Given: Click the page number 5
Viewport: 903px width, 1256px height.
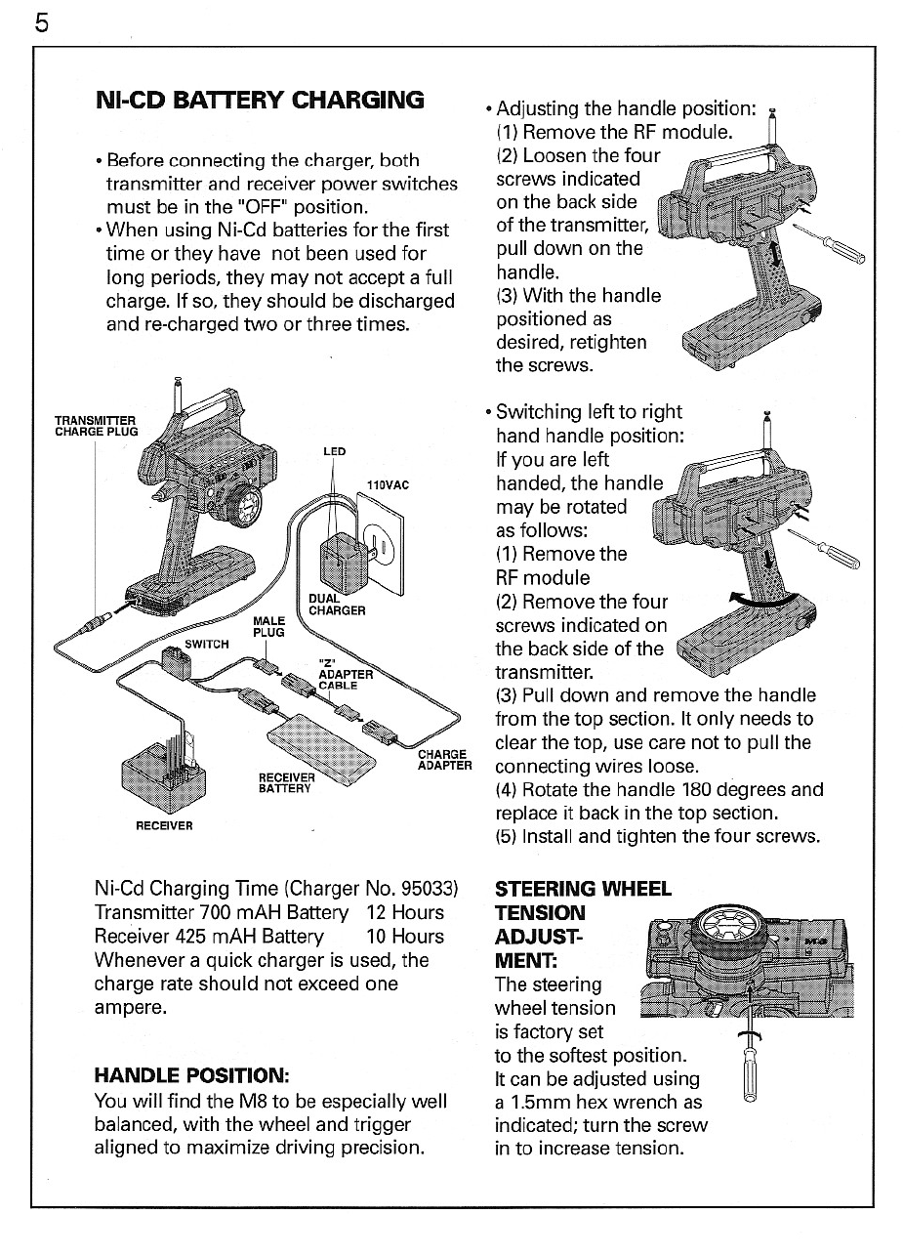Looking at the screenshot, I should click(41, 21).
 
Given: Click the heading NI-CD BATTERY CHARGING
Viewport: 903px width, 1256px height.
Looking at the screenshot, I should click(260, 100).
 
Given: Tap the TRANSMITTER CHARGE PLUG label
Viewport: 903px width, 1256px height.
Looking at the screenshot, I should click(96, 426).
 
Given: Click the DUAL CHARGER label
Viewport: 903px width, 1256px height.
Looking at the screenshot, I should click(336, 605).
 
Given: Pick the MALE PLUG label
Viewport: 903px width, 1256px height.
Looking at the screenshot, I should click(268, 626).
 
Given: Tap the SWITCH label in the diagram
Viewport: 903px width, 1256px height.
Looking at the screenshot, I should click(206, 644).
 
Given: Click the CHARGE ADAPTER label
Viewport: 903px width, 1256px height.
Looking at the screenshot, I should click(444, 759).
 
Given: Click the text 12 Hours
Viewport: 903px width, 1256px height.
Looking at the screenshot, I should click(404, 912).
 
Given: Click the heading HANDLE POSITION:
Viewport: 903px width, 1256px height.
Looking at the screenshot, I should click(191, 1075).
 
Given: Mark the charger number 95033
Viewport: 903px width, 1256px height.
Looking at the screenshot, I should click(426, 889).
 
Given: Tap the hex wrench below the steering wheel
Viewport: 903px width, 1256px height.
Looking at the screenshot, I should click(751, 1065).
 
